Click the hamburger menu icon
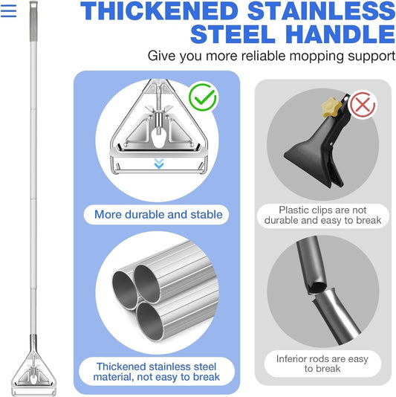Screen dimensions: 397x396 point(9,12)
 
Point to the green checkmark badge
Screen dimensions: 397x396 point(202,97)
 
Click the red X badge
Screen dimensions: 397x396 point(362,105)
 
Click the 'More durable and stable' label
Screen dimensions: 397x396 point(158,215)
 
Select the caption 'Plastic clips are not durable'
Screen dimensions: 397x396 point(323,215)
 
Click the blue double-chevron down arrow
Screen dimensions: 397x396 point(158,164)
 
